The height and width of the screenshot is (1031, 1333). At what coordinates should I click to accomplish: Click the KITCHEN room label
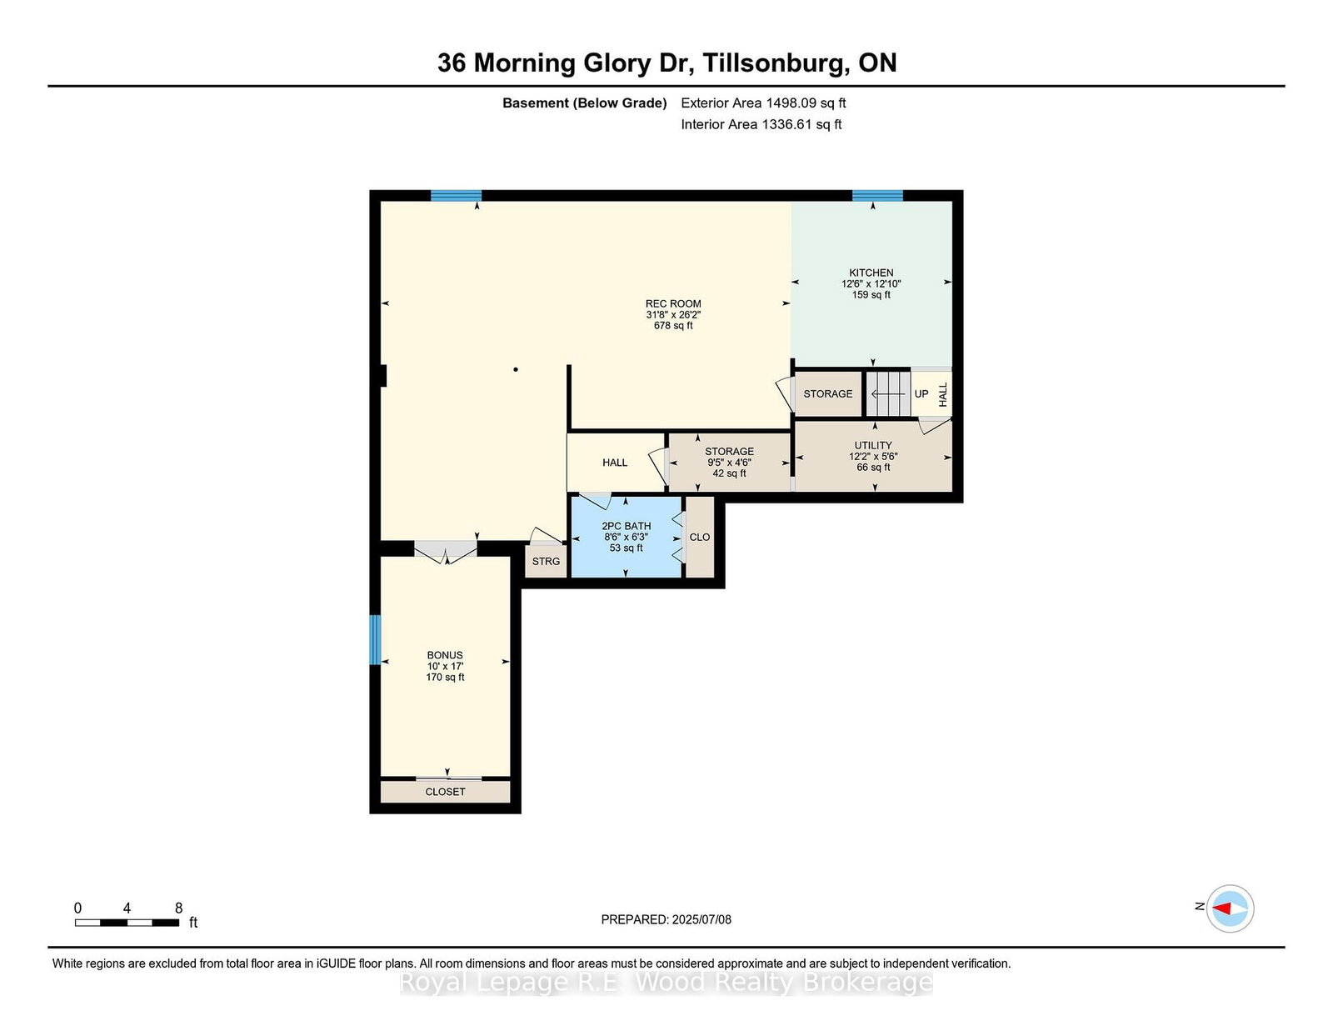point(871,273)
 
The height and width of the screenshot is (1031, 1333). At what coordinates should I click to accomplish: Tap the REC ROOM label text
point(673,303)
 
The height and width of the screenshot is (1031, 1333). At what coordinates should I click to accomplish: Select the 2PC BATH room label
point(626,526)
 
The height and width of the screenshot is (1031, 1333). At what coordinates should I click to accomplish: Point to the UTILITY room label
point(873,445)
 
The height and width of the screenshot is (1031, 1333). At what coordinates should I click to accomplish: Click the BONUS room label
point(445,655)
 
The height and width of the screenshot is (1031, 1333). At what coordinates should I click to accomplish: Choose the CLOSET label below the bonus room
point(445,792)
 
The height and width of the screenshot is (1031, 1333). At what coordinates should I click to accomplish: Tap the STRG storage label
point(546,561)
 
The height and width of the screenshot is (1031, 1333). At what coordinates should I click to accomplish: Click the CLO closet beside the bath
point(699,537)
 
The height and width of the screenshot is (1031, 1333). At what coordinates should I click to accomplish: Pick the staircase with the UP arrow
point(887,393)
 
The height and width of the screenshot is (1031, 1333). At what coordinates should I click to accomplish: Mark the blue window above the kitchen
point(877,196)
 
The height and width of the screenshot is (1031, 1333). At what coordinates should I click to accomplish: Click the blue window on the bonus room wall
point(375,639)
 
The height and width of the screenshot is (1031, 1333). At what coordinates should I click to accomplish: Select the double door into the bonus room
point(446,550)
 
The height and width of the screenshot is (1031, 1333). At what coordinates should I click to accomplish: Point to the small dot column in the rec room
point(515,369)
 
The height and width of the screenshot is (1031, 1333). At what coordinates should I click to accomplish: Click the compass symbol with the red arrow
point(1230,908)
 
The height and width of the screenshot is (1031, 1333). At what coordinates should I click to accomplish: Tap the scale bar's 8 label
point(178,908)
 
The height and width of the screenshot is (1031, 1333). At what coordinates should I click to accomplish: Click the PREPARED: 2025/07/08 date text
point(666,919)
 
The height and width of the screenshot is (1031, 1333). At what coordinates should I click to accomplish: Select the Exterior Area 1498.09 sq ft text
point(763,103)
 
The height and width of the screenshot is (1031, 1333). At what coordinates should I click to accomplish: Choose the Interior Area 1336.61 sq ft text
point(761,124)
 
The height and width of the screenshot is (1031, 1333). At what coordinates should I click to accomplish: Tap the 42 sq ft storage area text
point(729,473)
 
